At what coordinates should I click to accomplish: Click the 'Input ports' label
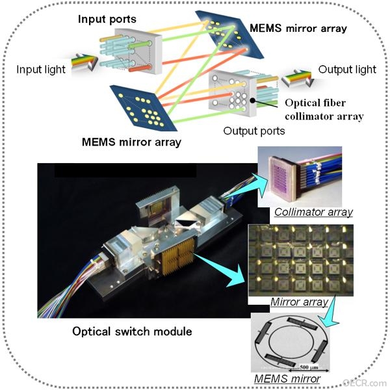107,19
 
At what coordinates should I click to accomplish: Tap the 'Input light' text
41,70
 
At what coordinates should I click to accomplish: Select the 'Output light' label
347,70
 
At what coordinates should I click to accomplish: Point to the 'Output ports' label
254,131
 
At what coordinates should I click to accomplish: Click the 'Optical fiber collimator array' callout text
324,109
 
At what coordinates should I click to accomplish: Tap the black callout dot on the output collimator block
252,101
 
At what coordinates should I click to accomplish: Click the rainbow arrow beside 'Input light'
84,62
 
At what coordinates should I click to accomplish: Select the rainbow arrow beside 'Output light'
297,78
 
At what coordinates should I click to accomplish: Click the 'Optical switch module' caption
132,331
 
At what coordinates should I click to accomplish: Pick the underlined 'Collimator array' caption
313,212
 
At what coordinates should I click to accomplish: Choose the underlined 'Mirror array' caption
299,302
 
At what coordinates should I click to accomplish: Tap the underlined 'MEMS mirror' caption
287,379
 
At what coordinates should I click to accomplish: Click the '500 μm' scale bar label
309,367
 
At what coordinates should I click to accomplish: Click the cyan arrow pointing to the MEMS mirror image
331,313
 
